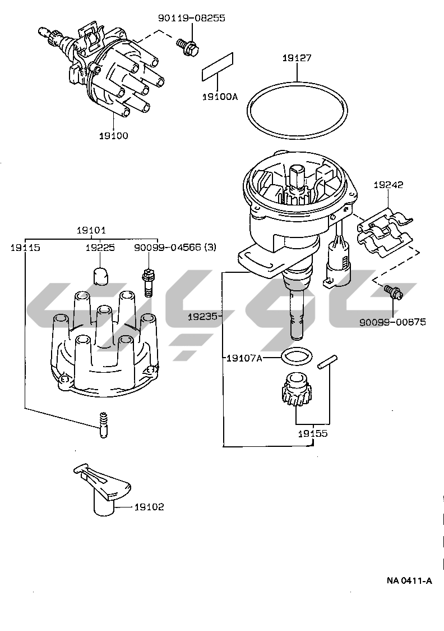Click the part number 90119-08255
[191, 18]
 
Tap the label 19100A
[220, 97]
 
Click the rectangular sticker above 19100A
[217, 68]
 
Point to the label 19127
[297, 58]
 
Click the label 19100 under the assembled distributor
[113, 135]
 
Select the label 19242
[388, 184]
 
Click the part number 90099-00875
[392, 322]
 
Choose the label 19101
[91, 230]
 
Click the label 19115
[25, 247]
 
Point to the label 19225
[100, 247]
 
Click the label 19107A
[244, 358]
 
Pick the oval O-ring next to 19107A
[295, 356]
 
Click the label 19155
[313, 434]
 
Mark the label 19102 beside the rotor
[149, 507]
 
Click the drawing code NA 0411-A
[409, 581]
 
